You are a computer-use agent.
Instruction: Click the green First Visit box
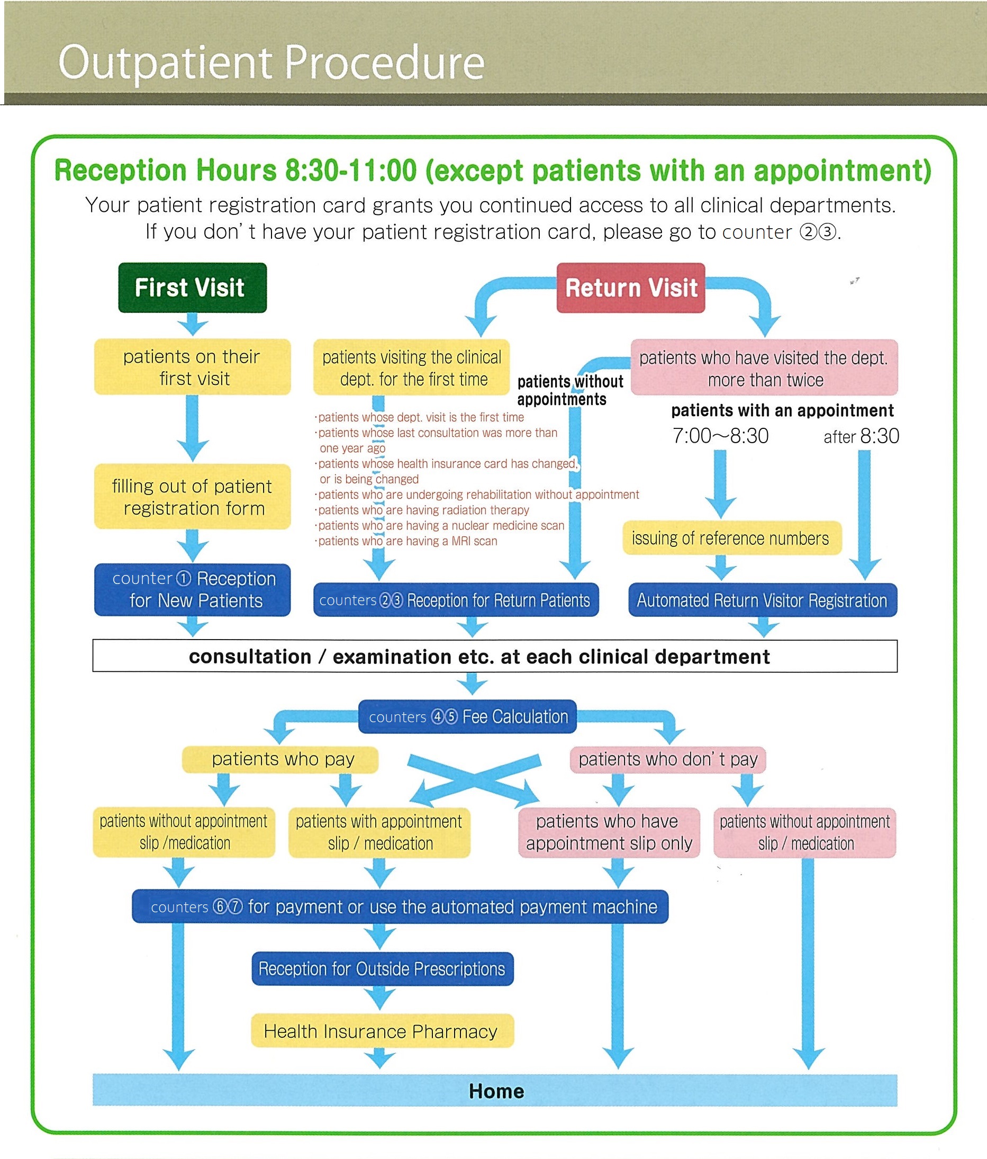(192, 287)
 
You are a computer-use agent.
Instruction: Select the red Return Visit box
(630, 287)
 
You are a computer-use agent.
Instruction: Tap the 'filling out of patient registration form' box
(192, 497)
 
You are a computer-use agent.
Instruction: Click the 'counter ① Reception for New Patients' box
(192, 590)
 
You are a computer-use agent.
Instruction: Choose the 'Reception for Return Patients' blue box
(456, 600)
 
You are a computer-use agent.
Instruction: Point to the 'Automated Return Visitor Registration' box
(762, 600)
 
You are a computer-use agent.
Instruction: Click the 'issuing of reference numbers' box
(731, 538)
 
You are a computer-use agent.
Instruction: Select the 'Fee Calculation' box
(467, 716)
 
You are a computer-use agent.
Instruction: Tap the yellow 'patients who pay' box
(280, 759)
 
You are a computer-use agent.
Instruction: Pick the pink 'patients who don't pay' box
(668, 759)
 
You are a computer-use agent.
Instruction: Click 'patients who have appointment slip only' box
(609, 832)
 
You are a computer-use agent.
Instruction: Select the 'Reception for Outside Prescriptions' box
(382, 969)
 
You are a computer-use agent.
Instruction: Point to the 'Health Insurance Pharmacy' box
(382, 1031)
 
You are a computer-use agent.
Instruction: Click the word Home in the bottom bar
(496, 1091)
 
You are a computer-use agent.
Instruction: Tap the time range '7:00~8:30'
(720, 436)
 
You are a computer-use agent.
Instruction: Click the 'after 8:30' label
(861, 436)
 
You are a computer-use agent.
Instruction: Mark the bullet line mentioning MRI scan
(407, 541)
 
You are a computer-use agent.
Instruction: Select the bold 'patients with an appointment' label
(782, 410)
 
